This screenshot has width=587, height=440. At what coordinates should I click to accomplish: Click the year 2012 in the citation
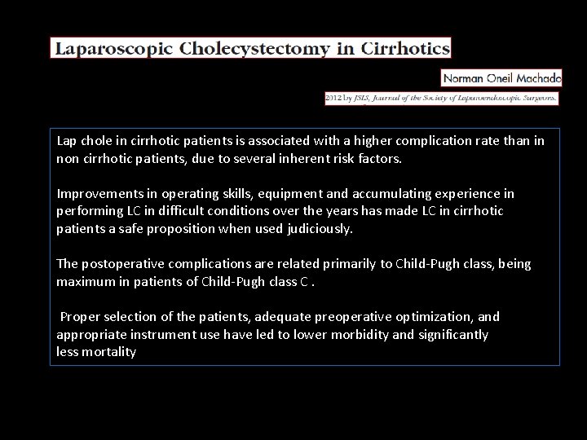335,97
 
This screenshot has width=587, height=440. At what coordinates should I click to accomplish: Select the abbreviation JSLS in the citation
367,97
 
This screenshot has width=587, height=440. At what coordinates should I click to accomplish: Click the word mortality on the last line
108,352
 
